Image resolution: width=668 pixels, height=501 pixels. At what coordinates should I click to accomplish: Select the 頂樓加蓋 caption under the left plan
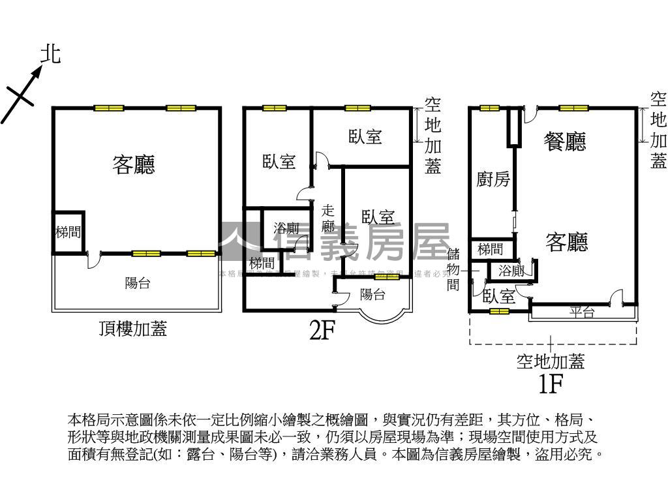click(x=133, y=329)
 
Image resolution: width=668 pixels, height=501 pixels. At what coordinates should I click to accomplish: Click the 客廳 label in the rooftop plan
click(x=134, y=164)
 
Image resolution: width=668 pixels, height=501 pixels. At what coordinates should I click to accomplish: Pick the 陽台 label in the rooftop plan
click(x=138, y=283)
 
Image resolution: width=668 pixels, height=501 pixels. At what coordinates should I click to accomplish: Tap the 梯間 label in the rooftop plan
click(x=68, y=232)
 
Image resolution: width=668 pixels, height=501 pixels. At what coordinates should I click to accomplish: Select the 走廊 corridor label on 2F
click(x=328, y=219)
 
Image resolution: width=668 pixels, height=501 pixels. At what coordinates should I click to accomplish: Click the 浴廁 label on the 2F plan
click(x=286, y=228)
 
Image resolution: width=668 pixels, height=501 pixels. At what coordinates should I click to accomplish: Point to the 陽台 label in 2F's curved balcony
click(x=372, y=294)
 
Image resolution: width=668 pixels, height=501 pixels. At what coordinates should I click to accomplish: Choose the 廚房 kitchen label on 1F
click(x=493, y=179)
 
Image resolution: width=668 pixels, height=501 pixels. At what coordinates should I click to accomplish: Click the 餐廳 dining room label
click(x=565, y=141)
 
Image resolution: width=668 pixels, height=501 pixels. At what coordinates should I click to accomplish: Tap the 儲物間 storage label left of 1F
click(x=454, y=269)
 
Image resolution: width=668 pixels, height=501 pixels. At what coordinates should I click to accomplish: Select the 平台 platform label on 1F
click(x=582, y=312)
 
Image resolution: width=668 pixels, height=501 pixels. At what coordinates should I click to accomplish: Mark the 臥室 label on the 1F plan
click(x=499, y=296)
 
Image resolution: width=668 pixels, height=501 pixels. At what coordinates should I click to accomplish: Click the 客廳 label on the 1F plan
click(x=567, y=242)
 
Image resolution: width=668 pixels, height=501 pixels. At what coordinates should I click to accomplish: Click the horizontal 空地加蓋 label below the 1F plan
click(x=550, y=361)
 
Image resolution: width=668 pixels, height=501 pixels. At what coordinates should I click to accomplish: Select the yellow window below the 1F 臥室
click(x=499, y=311)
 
